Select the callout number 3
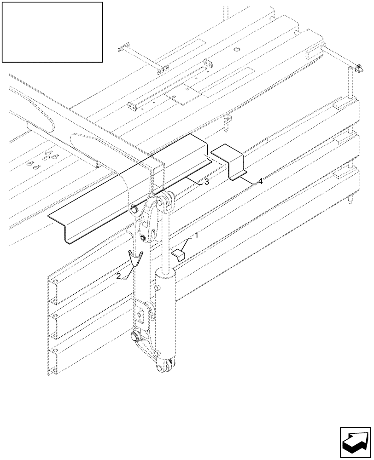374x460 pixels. coord(207,182)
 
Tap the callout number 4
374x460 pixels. coord(260,182)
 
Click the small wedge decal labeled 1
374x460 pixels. coord(178,254)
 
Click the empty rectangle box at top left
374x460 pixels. coord(52,32)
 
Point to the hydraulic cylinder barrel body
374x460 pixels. coord(166,317)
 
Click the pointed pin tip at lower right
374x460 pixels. coord(352,201)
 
